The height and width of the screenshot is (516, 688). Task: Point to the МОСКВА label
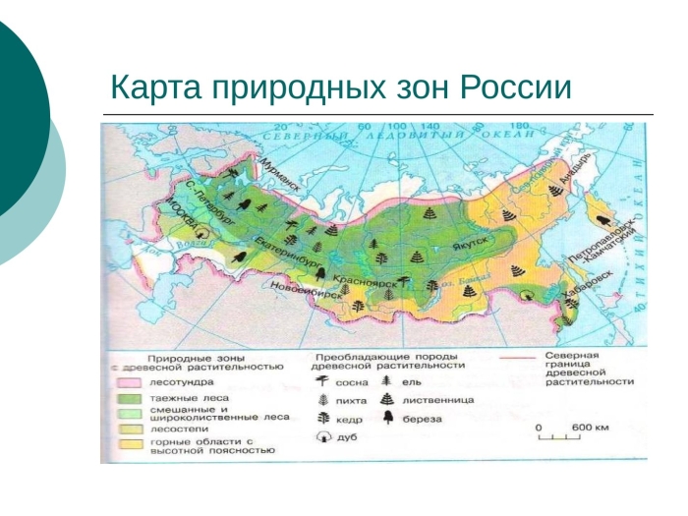click(x=180, y=212)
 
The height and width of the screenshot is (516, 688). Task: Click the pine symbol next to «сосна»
click(x=322, y=382)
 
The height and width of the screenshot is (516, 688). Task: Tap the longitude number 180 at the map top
click(x=519, y=126)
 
